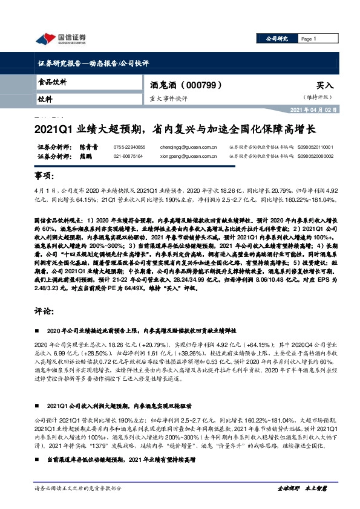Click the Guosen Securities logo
pos(61,39)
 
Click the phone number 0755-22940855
pos(129,147)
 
